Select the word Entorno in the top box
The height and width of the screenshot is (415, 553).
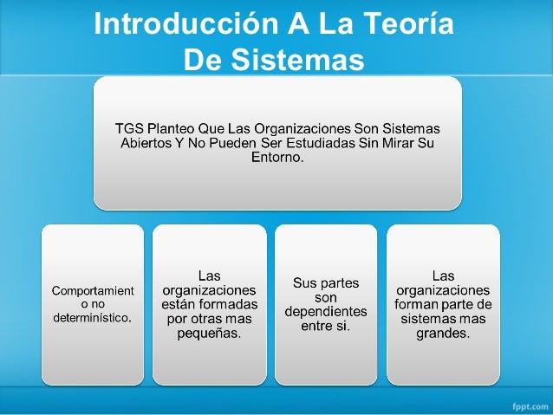coord(276,159)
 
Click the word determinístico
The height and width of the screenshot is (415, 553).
coord(93,318)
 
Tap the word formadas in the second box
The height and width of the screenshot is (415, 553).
coord(232,305)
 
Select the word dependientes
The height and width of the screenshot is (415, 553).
coord(326,311)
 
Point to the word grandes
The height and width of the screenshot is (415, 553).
coord(442,333)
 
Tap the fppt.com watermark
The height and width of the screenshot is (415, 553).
coord(524,404)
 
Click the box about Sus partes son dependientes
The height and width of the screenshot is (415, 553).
coord(325,303)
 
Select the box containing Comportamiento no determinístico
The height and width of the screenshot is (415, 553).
coord(93,303)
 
